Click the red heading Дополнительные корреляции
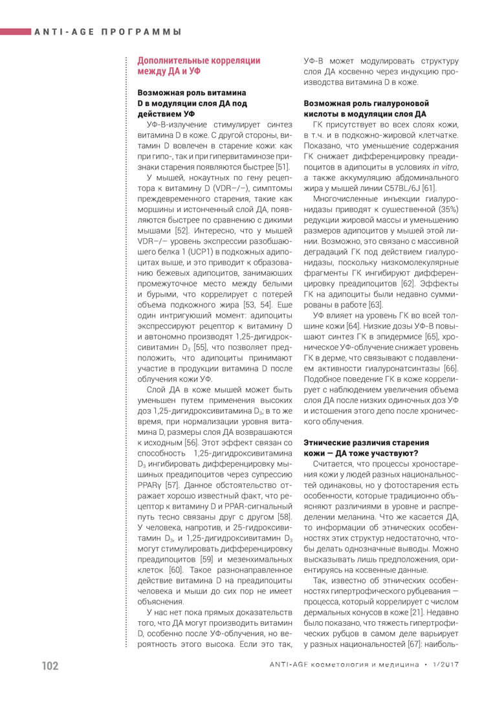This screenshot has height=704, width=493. coord(199,60)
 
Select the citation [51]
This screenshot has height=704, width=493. coord(282,167)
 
